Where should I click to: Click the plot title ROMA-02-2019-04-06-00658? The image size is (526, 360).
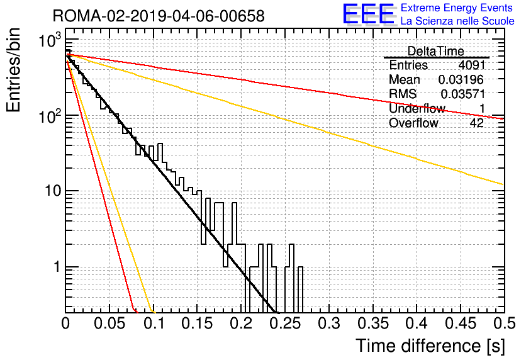(x=159, y=16)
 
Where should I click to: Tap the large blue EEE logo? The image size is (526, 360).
(x=368, y=14)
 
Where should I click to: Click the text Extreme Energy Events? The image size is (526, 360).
(x=457, y=8)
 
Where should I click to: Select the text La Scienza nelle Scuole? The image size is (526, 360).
(x=457, y=21)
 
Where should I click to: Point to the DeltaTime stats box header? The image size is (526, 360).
(x=435, y=51)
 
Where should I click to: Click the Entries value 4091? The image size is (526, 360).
(x=472, y=65)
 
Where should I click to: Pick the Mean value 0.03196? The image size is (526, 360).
(x=461, y=79)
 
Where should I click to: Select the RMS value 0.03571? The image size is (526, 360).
(x=463, y=94)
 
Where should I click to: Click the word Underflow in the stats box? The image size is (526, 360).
(x=417, y=108)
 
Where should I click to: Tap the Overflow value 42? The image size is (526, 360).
(x=477, y=123)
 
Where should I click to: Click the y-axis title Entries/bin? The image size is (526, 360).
(x=13, y=70)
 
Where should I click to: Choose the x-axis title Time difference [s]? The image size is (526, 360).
(x=430, y=346)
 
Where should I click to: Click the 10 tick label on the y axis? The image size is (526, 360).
(x=53, y=191)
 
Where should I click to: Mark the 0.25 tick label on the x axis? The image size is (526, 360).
(x=286, y=323)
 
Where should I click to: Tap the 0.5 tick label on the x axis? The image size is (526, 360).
(x=505, y=323)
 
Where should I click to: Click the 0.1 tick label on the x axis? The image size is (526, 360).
(x=154, y=323)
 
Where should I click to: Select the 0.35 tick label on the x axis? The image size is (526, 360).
(x=374, y=323)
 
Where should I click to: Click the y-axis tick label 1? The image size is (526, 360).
(x=57, y=267)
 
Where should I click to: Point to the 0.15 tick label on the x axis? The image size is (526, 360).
(x=198, y=323)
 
